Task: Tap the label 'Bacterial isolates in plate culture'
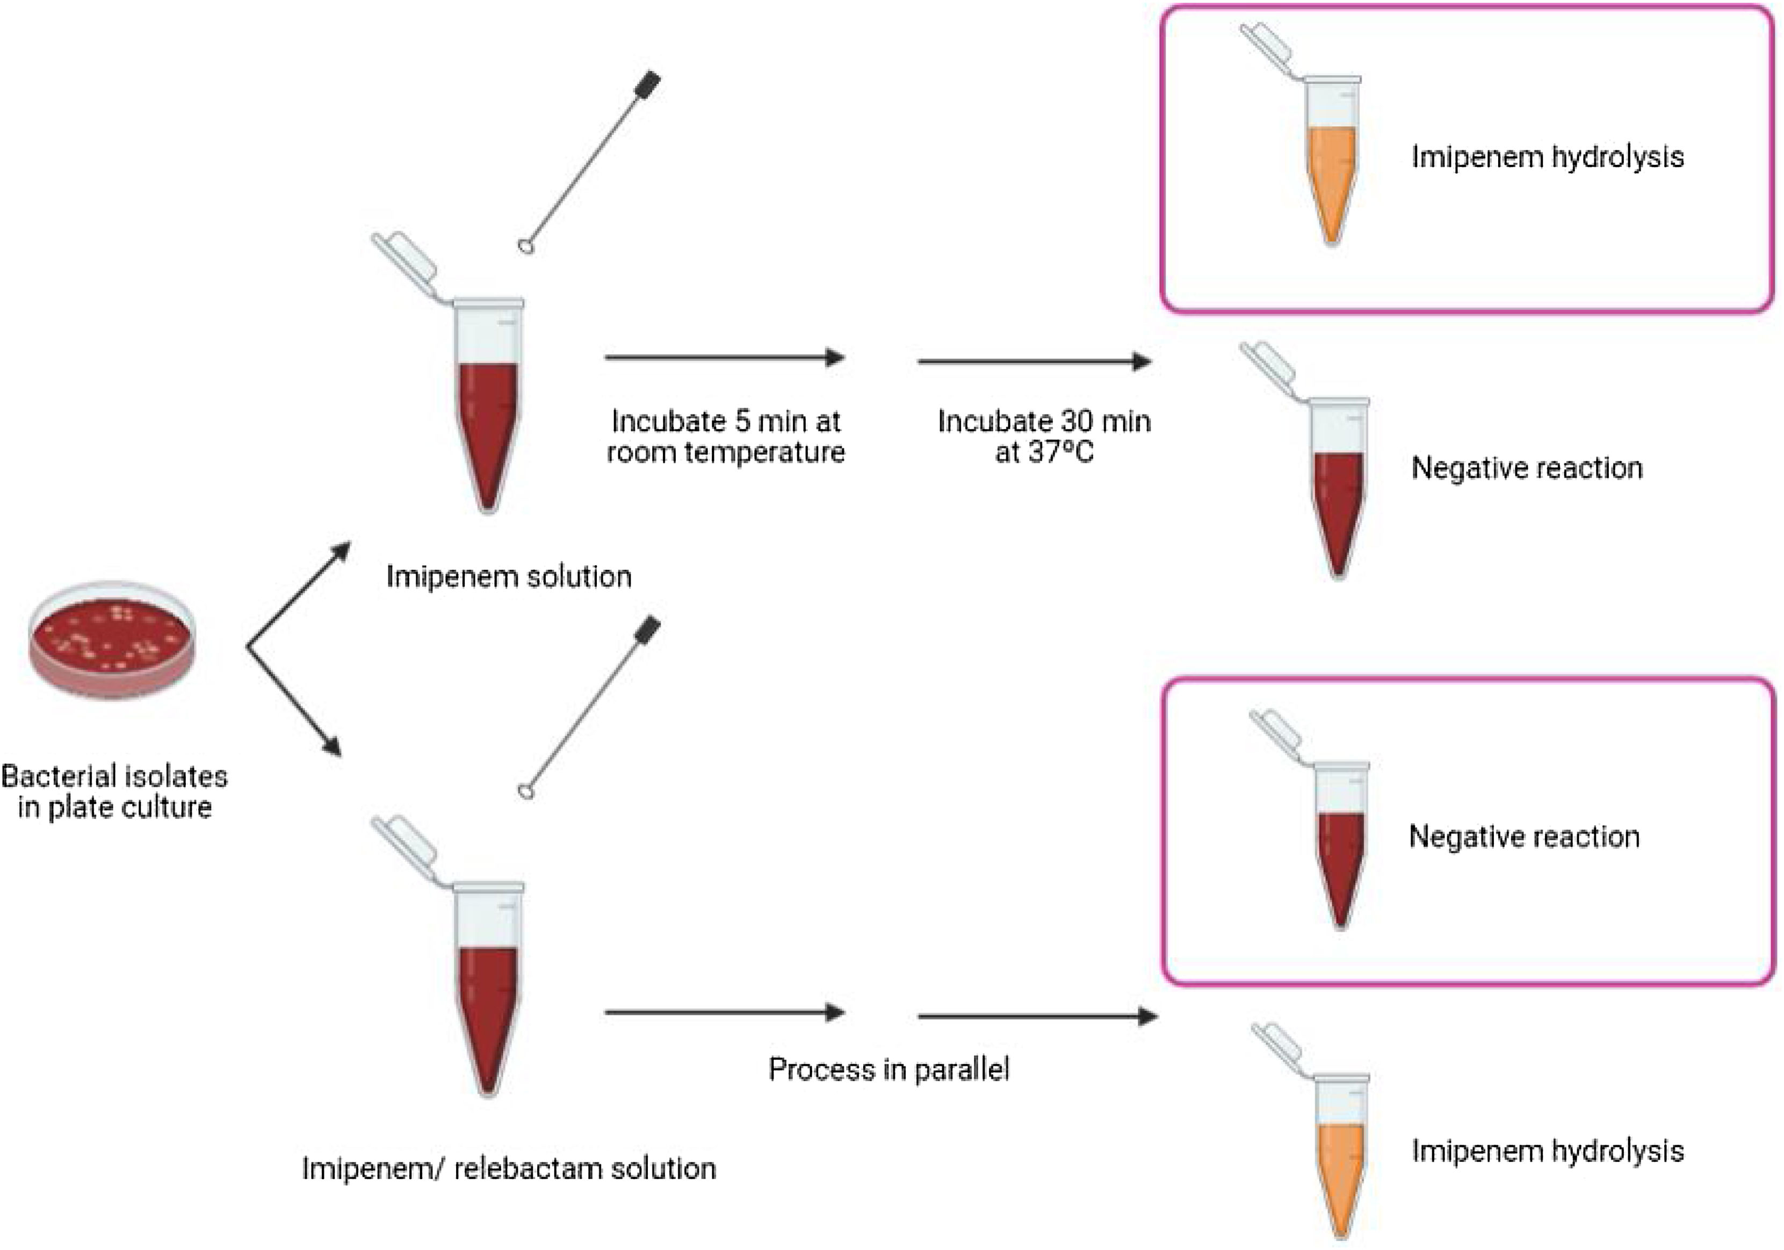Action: click(x=114, y=791)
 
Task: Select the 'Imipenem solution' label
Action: click(x=509, y=577)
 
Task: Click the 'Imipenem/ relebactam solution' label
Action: click(x=509, y=1168)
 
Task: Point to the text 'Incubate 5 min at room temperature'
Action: click(x=725, y=437)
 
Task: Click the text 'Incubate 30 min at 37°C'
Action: click(x=1044, y=437)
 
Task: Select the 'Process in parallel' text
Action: click(x=889, y=1070)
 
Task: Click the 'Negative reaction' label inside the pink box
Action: click(x=1523, y=837)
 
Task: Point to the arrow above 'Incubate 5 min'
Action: click(x=724, y=358)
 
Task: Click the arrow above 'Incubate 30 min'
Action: click(x=1034, y=362)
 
